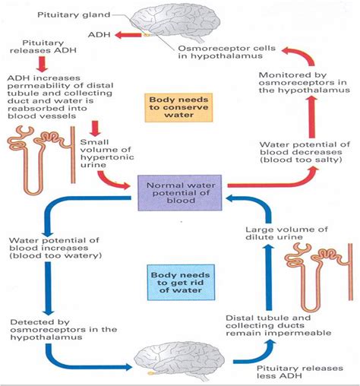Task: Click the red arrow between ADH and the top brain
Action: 151,34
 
